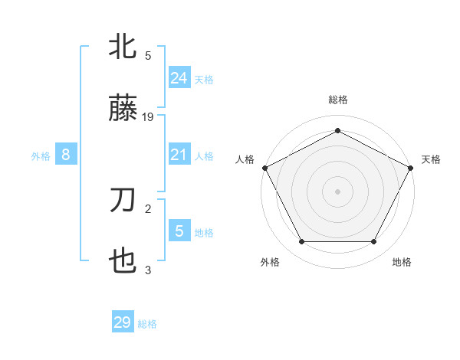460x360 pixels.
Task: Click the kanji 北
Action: pyautogui.click(x=123, y=47)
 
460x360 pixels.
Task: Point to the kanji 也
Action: pyautogui.click(x=123, y=263)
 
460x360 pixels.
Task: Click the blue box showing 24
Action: pyautogui.click(x=179, y=77)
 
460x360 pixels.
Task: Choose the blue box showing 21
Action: pyautogui.click(x=179, y=155)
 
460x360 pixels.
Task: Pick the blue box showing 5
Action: pyautogui.click(x=179, y=230)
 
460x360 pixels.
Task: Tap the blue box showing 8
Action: pyautogui.click(x=66, y=155)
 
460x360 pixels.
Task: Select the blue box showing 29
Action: pyautogui.click(x=123, y=322)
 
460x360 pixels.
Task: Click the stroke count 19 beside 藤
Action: pyautogui.click(x=148, y=117)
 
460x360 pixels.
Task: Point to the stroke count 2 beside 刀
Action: pyautogui.click(x=148, y=207)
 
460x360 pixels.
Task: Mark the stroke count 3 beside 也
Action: pyautogui.click(x=148, y=270)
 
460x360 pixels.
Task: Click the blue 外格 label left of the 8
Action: pyautogui.click(x=41, y=156)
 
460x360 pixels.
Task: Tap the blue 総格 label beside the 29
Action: pyautogui.click(x=147, y=324)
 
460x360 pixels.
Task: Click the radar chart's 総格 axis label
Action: pyautogui.click(x=337, y=100)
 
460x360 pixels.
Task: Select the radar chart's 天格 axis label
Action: pyautogui.click(x=431, y=159)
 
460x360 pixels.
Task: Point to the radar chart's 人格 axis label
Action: pyautogui.click(x=245, y=159)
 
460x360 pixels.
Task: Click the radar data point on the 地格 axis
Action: pyautogui.click(x=374, y=242)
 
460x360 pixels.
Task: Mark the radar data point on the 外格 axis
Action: pyautogui.click(x=301, y=242)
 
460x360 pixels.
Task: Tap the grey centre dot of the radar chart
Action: pyautogui.click(x=337, y=191)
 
